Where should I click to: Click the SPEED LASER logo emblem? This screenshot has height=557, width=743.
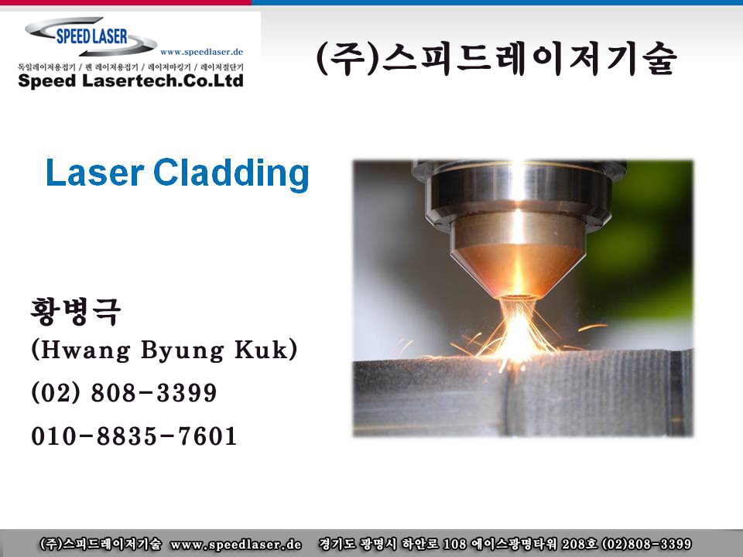tap(91, 37)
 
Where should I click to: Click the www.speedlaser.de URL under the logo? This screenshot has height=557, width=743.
tap(201, 52)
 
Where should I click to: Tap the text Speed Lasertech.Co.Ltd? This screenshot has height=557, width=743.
tap(131, 80)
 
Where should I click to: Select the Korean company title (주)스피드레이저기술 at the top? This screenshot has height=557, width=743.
tap(496, 59)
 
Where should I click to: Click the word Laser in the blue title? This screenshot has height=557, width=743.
tap(94, 173)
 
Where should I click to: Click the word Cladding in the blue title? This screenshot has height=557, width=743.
tap(231, 174)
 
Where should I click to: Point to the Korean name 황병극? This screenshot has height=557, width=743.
tap(75, 311)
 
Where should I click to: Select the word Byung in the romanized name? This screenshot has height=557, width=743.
tap(183, 351)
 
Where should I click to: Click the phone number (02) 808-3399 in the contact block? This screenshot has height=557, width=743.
tap(124, 393)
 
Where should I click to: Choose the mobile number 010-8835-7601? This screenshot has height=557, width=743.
tap(134, 436)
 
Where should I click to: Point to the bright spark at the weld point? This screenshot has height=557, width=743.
tap(519, 332)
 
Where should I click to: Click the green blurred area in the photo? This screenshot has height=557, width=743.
tap(649, 246)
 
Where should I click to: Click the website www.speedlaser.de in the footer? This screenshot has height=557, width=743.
tap(236, 544)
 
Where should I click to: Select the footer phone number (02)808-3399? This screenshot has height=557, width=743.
tap(646, 544)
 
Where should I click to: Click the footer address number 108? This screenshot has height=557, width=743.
tap(455, 544)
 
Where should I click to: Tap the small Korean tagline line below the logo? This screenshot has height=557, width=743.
tap(131, 67)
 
